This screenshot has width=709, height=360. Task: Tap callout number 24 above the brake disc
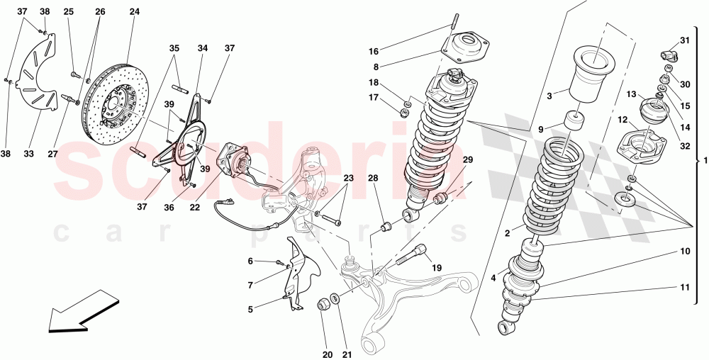135,12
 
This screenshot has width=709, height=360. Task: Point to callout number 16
374,51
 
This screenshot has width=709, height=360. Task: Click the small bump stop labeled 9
574,121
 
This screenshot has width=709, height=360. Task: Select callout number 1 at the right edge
703,160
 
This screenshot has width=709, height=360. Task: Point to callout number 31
684,40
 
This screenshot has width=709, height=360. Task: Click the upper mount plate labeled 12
642,146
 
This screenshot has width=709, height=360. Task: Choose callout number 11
685,287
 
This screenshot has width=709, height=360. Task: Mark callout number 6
250,261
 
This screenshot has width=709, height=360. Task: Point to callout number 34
203,48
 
